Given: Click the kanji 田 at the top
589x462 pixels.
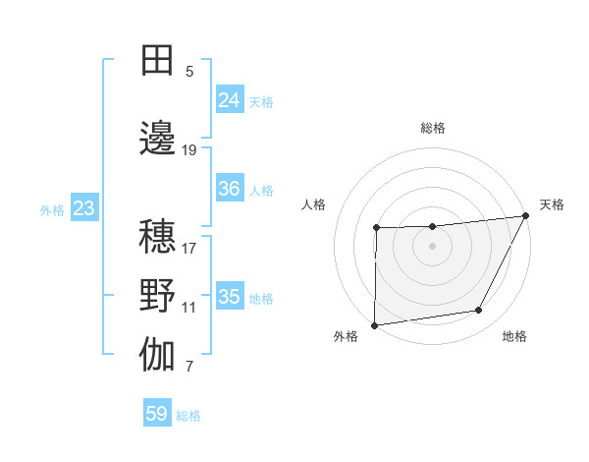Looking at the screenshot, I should tap(158, 60).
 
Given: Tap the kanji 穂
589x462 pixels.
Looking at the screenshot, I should tap(158, 237).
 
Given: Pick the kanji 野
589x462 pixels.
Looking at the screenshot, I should tap(158, 296).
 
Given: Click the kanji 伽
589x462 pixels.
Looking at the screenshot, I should tap(158, 355).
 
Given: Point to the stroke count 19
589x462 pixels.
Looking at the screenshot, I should tap(189, 150).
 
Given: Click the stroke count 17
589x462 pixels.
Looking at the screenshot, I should tap(189, 248).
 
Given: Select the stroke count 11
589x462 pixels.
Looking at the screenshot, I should tap(189, 308).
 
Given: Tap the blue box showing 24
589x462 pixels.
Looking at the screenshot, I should tap(230, 100).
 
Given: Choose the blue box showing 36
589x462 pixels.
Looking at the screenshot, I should tap(230, 189).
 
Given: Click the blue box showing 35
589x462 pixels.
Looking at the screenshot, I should tap(230, 297).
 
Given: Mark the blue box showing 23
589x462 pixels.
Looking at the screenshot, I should tap(83, 208).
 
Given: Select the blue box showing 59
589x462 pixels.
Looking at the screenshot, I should tap(157, 414).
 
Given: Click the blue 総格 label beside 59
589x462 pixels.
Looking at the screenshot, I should tap(188, 416).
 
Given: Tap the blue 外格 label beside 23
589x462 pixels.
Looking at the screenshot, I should tap(52, 209).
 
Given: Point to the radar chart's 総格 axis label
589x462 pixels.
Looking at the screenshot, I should tap(433, 128).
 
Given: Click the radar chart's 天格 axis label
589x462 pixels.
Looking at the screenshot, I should tap(552, 204).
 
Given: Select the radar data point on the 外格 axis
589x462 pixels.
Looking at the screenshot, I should tap(374, 324).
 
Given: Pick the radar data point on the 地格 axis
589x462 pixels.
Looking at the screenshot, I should tap(479, 311).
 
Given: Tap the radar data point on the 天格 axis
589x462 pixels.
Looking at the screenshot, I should tap(527, 215).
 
